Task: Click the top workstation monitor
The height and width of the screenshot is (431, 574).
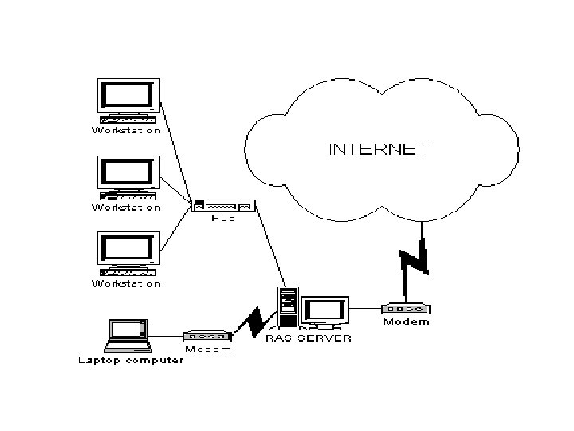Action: tap(128, 97)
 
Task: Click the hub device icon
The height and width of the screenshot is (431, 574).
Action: tap(222, 207)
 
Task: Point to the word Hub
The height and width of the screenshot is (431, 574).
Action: tap(222, 219)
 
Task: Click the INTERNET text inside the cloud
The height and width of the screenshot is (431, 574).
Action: tap(379, 148)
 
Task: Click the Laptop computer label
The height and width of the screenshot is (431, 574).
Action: tap(130, 360)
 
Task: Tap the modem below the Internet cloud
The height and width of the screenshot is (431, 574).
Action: tap(407, 309)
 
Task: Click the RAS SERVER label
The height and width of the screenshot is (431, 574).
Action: tap(308, 338)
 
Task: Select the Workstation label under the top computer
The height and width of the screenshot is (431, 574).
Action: tap(127, 130)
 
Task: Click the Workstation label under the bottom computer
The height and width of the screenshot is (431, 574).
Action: tap(127, 283)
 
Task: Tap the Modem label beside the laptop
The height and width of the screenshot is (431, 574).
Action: tap(208, 349)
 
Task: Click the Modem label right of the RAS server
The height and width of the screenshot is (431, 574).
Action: tap(407, 322)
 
